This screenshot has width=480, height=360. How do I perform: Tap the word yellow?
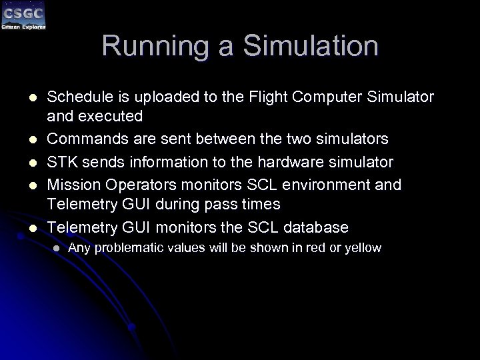coord(363,249)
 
